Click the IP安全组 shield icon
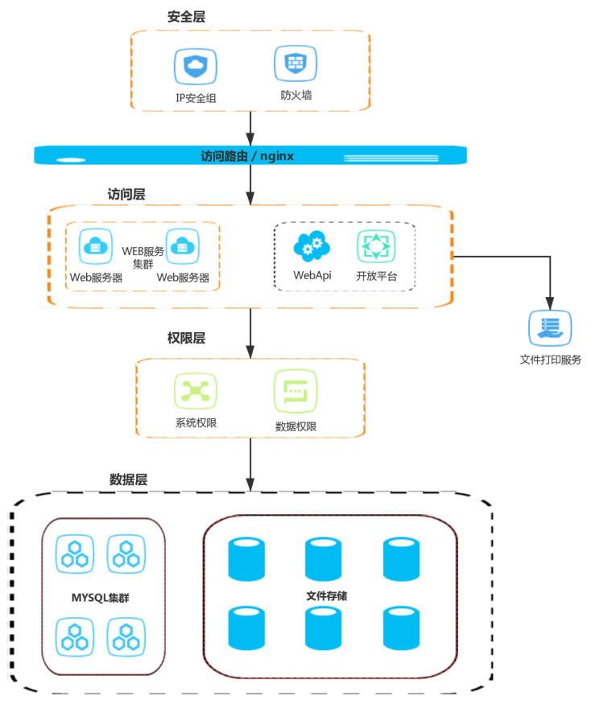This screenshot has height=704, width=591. (x=195, y=67)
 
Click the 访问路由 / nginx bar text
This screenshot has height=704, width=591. (x=246, y=155)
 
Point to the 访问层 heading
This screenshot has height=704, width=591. (x=126, y=195)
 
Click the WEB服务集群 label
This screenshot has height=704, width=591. (x=143, y=257)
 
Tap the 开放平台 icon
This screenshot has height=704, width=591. (x=376, y=248)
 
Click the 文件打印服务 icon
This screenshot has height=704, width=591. (x=549, y=329)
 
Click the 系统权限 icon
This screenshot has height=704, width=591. (x=195, y=392)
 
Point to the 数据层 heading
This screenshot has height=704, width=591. (x=128, y=480)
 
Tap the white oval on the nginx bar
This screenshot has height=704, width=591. (x=71, y=159)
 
